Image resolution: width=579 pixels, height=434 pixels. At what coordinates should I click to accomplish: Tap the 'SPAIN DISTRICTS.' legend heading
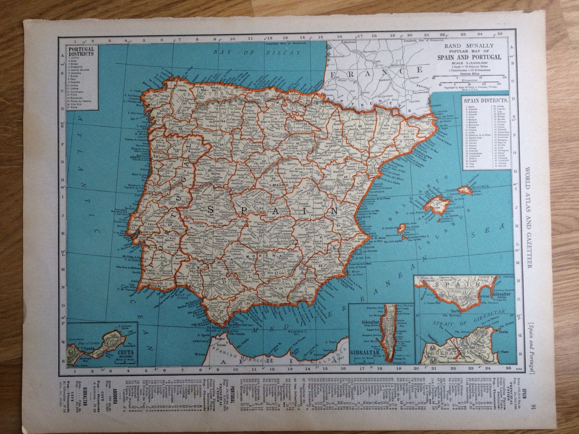(487, 100)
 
